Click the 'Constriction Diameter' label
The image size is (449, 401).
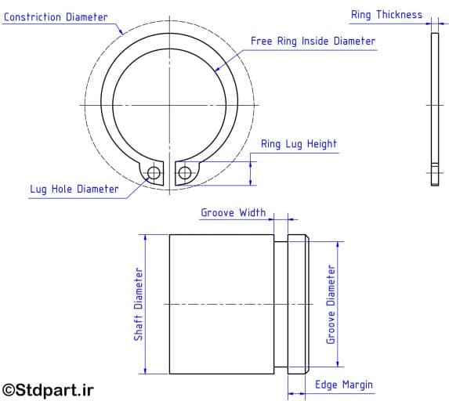(x=56, y=16)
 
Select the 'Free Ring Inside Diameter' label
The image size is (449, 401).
(x=313, y=41)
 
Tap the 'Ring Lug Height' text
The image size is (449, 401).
(x=299, y=144)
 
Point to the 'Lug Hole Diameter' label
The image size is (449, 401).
(x=74, y=189)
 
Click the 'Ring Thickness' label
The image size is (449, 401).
(x=386, y=15)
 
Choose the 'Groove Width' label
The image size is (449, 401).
(x=233, y=212)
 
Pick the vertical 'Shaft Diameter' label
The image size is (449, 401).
(x=138, y=304)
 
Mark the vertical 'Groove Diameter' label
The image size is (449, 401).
(x=331, y=304)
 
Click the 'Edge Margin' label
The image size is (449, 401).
(x=344, y=385)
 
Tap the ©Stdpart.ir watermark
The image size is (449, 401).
(x=48, y=388)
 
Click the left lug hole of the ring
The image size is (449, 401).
(x=154, y=172)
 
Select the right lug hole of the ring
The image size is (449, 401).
(x=184, y=172)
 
